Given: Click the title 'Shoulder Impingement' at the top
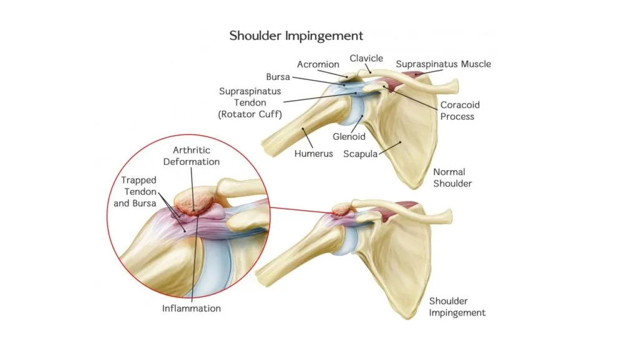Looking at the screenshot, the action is [x=296, y=35].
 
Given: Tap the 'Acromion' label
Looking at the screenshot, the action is [x=318, y=64].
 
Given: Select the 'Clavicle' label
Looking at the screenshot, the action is [x=366, y=58].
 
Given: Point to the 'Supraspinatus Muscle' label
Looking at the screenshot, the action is [x=443, y=64].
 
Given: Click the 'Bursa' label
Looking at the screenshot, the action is [x=278, y=77].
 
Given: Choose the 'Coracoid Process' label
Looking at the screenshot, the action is [x=460, y=111].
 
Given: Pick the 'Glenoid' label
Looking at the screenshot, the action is [x=349, y=136].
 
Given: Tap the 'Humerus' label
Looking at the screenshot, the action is [x=313, y=153].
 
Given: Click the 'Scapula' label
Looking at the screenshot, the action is [x=360, y=153].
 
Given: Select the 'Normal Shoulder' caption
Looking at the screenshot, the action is [x=452, y=177].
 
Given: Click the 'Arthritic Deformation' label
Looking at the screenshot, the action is [x=196, y=156].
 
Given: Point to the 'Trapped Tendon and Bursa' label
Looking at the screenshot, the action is [x=139, y=191].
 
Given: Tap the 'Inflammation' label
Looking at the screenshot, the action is [x=192, y=308].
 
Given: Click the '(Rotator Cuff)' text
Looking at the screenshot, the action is [x=250, y=114].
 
